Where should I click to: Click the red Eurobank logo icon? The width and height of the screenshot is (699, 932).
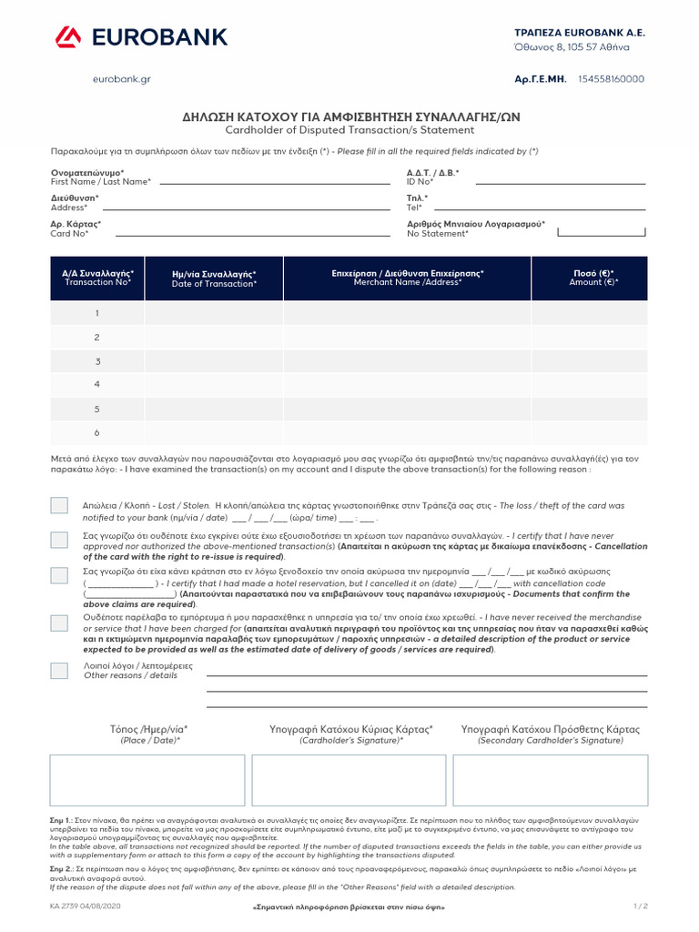click(68, 37)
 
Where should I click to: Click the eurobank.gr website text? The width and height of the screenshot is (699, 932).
click(121, 79)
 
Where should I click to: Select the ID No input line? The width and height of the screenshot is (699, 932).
click(561, 183)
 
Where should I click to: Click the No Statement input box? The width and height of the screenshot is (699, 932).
click(602, 231)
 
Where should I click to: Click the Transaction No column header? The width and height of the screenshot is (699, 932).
click(97, 278)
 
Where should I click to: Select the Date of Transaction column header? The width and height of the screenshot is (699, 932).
click(214, 279)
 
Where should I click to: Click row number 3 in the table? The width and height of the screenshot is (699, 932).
click(97, 361)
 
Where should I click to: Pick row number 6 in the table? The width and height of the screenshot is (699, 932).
click(97, 433)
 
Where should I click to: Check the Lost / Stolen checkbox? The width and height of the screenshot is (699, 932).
click(59, 506)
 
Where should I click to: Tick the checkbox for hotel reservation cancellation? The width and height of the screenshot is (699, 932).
click(59, 575)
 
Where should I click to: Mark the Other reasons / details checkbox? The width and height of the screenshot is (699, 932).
click(59, 671)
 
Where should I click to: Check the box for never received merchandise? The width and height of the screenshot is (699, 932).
click(59, 623)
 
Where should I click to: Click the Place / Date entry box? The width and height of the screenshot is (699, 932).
click(147, 780)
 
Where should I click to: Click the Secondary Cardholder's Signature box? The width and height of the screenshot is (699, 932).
click(551, 780)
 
